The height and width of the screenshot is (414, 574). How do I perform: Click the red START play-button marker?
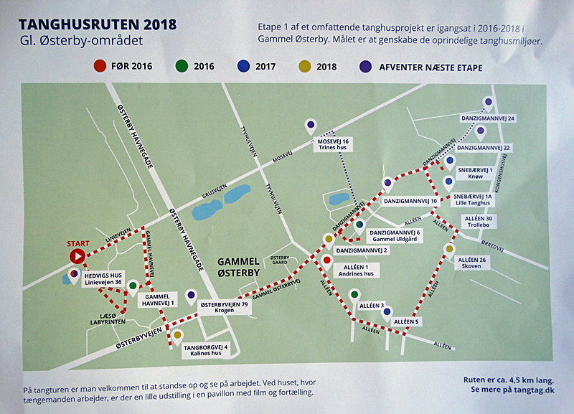(76, 255)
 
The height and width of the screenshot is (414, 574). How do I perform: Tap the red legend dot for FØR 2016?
(100, 67)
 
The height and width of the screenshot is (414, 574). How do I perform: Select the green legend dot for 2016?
(182, 67)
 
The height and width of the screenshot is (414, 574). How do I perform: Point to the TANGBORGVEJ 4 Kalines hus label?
(206, 352)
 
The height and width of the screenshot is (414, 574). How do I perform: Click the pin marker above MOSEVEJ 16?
(310, 126)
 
